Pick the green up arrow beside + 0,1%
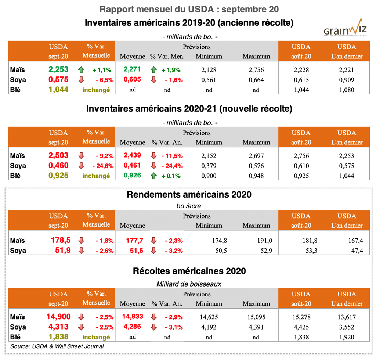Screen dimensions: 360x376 pos(153,176)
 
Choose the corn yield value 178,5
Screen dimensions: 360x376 pos(60,241)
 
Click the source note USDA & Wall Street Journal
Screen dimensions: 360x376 pos(57,346)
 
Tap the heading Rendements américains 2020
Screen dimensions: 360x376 pos(189,194)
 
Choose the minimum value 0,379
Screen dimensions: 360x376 pos(209,166)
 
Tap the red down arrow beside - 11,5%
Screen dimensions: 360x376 pos(153,155)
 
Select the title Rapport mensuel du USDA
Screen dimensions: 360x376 pos(189,8)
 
